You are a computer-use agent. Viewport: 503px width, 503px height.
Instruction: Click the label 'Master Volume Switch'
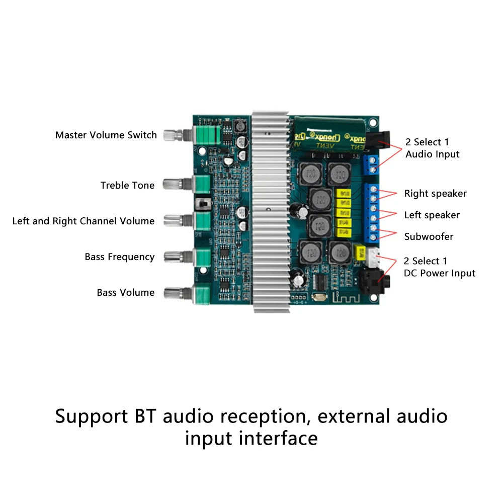[x=106, y=135]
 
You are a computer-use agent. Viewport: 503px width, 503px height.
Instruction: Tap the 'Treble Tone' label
[x=127, y=186]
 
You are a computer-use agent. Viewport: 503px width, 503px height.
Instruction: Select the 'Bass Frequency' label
[x=119, y=257]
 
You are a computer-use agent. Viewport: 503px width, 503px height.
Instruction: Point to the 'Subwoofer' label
[x=429, y=236]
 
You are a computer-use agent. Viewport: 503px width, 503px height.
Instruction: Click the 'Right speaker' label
[x=435, y=194]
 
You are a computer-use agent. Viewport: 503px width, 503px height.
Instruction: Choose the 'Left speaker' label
[x=432, y=215]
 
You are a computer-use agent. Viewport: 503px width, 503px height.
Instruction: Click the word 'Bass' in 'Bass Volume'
[x=107, y=293]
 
